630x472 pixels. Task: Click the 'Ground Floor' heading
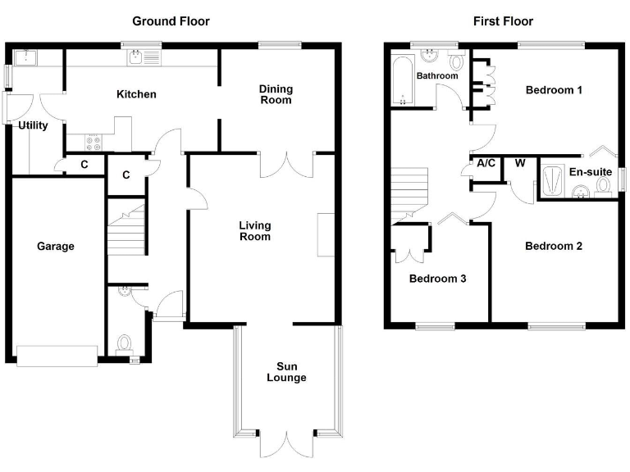(x=171, y=21)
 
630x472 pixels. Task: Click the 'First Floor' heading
(x=502, y=21)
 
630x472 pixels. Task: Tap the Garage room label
(x=56, y=246)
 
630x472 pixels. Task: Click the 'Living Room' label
(x=254, y=230)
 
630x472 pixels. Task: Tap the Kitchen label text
(x=136, y=94)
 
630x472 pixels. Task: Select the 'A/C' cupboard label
(x=486, y=163)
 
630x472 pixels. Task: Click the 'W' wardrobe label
(x=519, y=163)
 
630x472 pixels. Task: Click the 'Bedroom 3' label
(x=437, y=279)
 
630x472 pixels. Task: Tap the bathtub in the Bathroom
(x=402, y=80)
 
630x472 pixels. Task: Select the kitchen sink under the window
(x=136, y=57)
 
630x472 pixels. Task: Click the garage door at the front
(x=57, y=354)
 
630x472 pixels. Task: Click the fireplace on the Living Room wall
(x=326, y=234)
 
